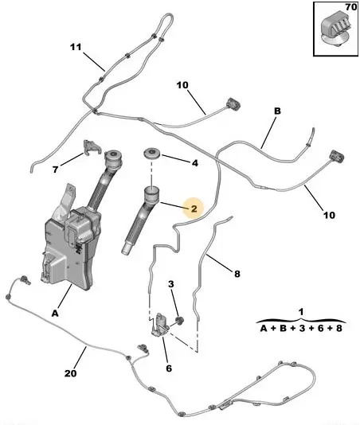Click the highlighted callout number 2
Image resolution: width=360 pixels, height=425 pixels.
[194, 209]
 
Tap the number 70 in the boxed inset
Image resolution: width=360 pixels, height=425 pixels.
[351, 7]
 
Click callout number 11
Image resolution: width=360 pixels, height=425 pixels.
[76, 47]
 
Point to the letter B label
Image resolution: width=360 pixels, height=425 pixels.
[277, 111]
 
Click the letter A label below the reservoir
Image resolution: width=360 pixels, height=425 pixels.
[55, 314]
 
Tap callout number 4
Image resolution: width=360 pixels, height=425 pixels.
[195, 163]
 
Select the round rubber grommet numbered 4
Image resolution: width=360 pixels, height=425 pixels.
[152, 153]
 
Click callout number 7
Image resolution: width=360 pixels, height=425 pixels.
[55, 170]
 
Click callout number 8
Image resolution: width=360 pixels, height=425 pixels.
[237, 274]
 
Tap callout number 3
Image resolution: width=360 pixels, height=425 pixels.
[171, 284]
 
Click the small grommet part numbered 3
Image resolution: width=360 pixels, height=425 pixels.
[179, 320]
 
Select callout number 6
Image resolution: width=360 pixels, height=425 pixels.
[169, 368]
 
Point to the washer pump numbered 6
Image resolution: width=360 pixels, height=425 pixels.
[160, 325]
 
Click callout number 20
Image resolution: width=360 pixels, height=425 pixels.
[71, 373]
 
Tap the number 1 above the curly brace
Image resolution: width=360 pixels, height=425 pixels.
[301, 312]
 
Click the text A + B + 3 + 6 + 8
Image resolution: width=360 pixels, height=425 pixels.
[301, 329]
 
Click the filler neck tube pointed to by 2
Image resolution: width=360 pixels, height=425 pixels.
[142, 220]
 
